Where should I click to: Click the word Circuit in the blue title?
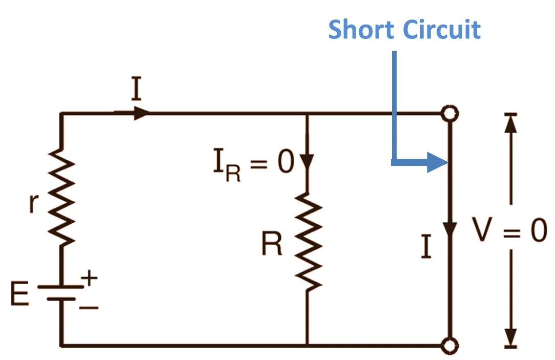pyautogui.click(x=442, y=30)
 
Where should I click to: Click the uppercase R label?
pyautogui.click(x=272, y=245)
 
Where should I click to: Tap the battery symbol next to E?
pyautogui.click(x=61, y=292)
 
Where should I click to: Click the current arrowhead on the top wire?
pyautogui.click(x=141, y=113)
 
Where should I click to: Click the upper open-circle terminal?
pyautogui.click(x=450, y=114)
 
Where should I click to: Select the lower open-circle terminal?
pyautogui.click(x=450, y=346)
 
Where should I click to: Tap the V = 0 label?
pyautogui.click(x=509, y=231)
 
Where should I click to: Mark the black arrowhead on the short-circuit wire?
pyautogui.click(x=450, y=228)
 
